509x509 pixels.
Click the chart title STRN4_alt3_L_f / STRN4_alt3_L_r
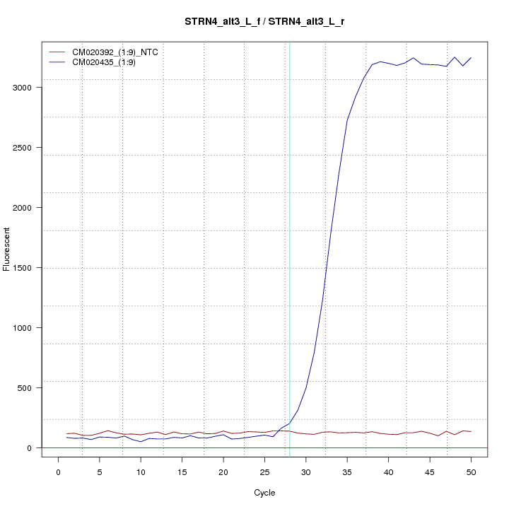264,22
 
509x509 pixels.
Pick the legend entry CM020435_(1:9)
109,62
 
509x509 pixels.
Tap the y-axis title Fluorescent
7,249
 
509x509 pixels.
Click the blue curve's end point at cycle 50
471,58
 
